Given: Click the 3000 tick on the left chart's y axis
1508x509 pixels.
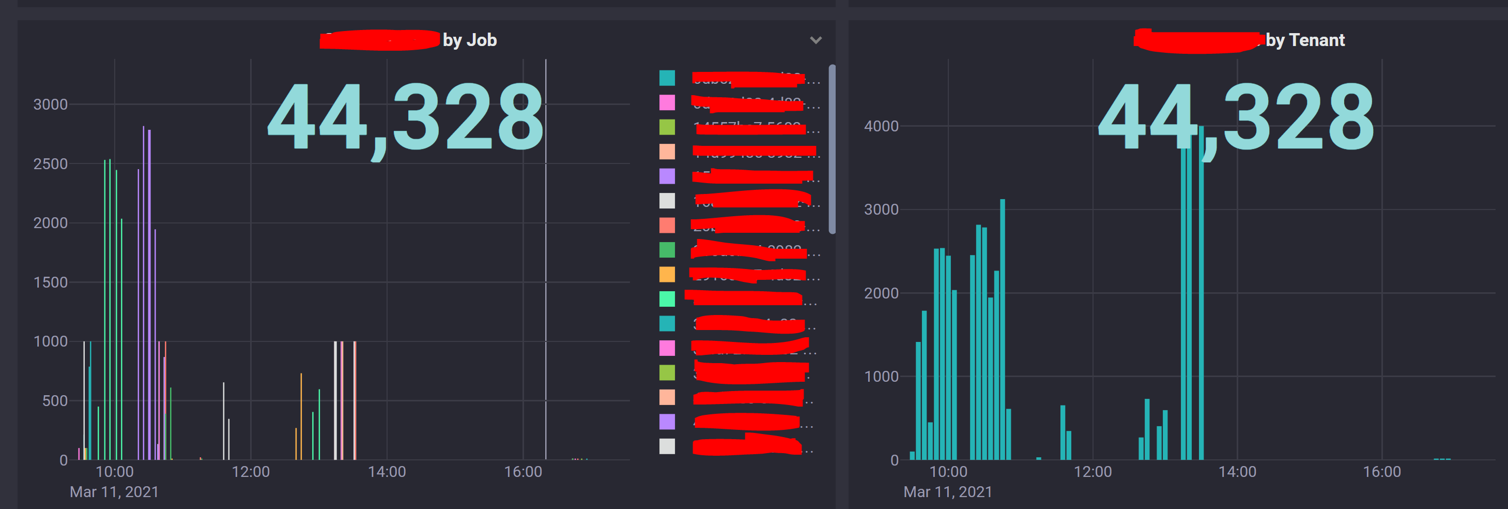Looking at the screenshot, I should (x=50, y=104).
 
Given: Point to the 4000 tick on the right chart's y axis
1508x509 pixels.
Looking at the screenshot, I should (x=881, y=126).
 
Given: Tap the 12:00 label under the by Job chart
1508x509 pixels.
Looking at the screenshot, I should (x=251, y=472).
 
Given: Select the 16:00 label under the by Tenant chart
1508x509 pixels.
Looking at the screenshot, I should (x=1381, y=472).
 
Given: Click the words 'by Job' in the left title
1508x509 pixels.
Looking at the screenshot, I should (x=469, y=40).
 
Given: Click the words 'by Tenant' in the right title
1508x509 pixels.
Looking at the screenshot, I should (x=1305, y=40).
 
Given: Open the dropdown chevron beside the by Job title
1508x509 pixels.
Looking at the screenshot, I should (x=815, y=40).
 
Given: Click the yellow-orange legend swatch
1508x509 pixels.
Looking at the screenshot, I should (x=667, y=274).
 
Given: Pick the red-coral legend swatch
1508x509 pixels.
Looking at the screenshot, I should (x=667, y=225).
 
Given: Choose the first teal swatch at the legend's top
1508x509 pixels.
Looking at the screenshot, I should (x=667, y=77).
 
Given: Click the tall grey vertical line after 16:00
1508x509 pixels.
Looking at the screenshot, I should (x=546, y=264).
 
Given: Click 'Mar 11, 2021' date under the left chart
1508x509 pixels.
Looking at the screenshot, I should (x=114, y=491).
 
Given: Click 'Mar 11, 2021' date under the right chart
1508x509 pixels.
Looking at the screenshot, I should (x=948, y=491).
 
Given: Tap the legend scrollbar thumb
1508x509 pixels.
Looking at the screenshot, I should (x=832, y=149).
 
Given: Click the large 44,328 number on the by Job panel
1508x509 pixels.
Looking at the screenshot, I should (x=405, y=117).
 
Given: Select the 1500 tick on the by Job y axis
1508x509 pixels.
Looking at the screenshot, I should (x=50, y=282).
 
